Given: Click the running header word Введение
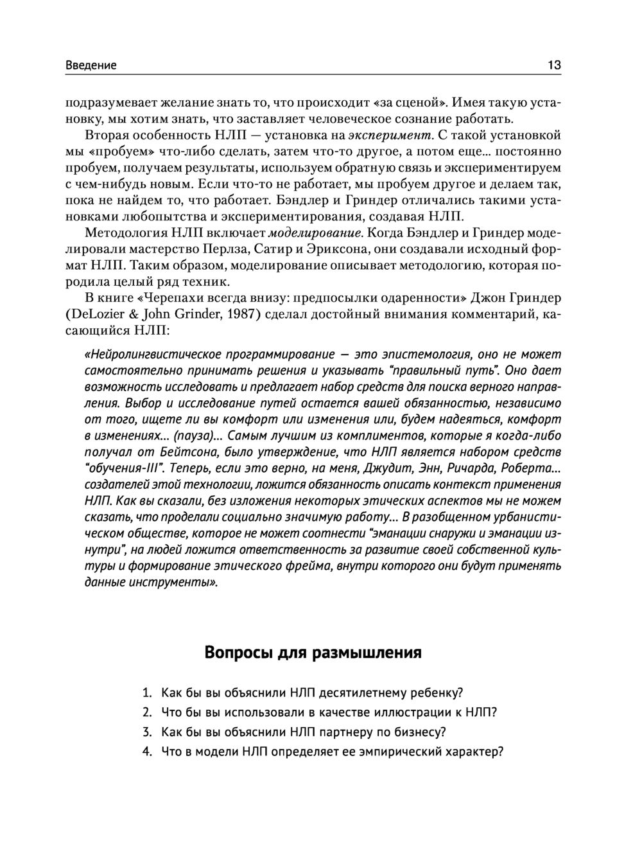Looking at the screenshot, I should tap(91, 65).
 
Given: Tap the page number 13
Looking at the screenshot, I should tap(554, 65).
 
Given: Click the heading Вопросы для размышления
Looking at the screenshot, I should tap(313, 653).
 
